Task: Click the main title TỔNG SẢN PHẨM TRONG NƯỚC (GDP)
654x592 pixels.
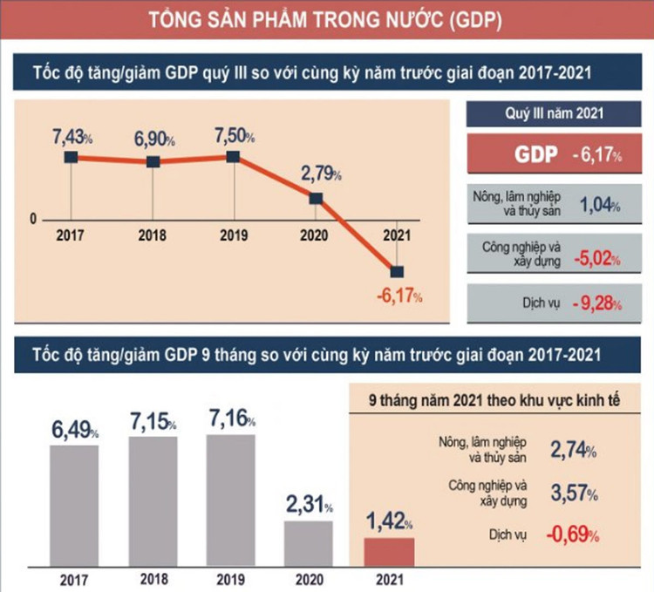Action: (x=326, y=19)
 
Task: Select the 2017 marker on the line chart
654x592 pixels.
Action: (x=71, y=157)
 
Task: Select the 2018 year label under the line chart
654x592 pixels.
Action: (x=153, y=235)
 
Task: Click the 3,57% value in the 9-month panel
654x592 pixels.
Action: (x=573, y=494)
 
